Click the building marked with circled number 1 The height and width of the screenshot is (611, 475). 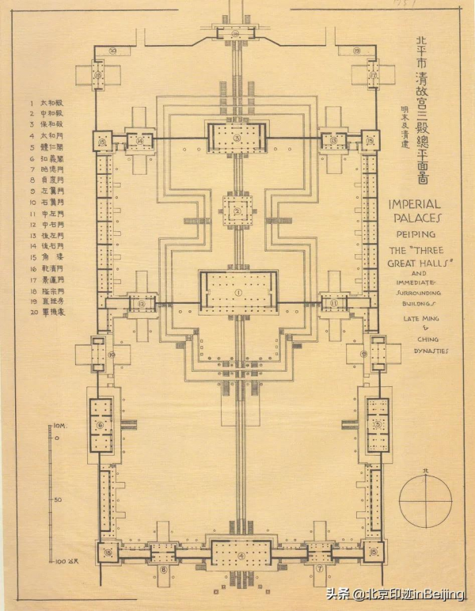(237, 293)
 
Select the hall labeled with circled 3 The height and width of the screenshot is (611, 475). (237, 137)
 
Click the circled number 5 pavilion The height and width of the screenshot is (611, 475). (377, 424)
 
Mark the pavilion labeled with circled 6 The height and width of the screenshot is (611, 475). (101, 424)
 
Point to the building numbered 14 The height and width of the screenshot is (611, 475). (141, 142)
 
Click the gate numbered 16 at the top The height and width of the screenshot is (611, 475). (237, 33)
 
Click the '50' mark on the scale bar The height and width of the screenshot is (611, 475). (58, 500)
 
